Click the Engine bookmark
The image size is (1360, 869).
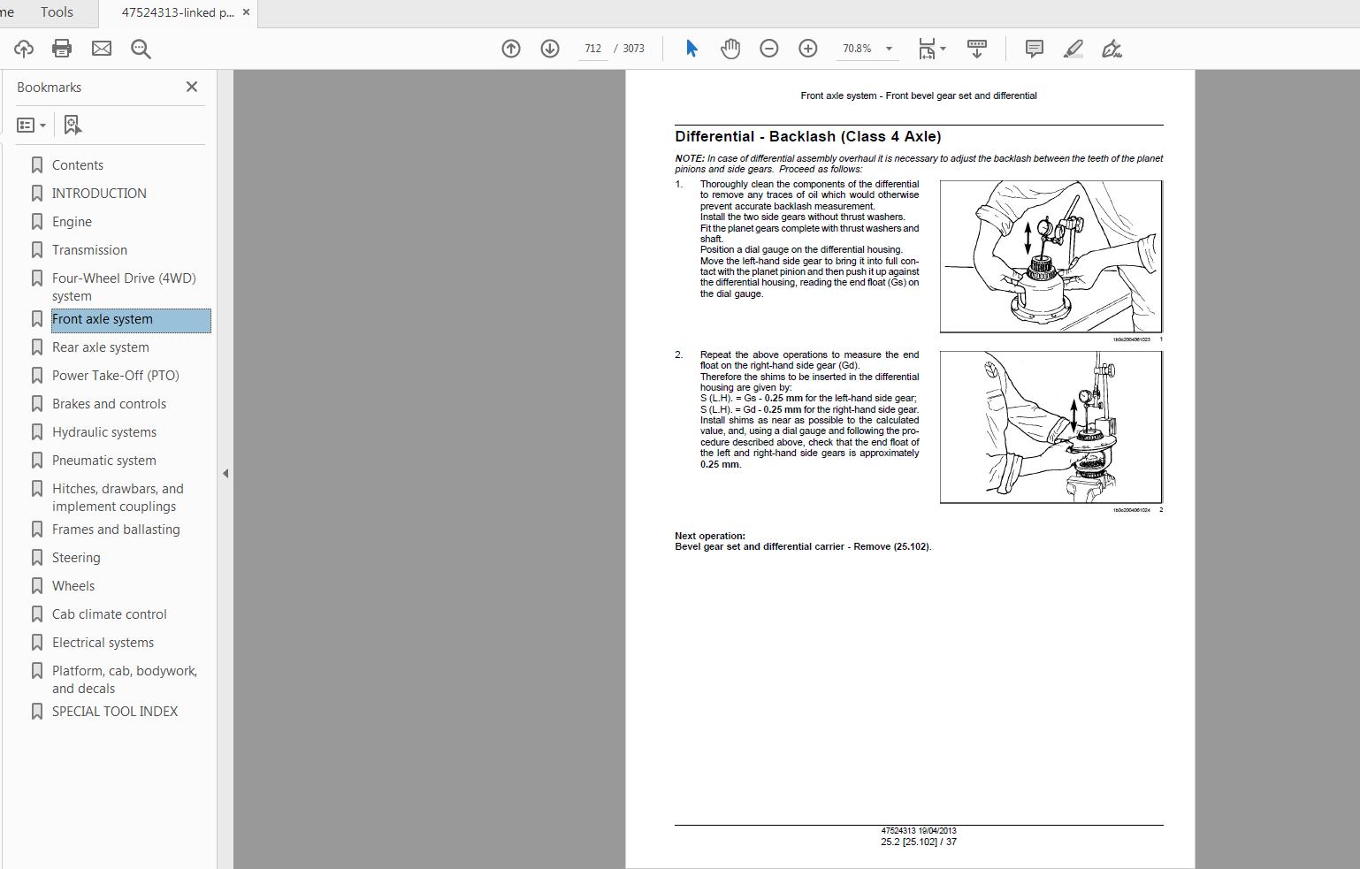pos(72,222)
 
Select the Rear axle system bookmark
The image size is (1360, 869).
pos(100,347)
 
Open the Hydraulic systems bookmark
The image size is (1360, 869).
pos(103,432)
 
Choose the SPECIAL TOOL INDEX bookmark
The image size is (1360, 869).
pos(114,712)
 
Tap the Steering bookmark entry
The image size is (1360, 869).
pos(76,558)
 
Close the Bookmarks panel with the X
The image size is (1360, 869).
pos(192,87)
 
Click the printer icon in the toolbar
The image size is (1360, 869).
pos(62,49)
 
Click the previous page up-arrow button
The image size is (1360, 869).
pos(511,49)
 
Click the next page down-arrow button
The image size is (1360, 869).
pos(550,49)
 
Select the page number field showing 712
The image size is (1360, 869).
pos(592,49)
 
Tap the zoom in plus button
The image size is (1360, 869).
pos(808,49)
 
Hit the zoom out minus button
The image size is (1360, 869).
pos(769,49)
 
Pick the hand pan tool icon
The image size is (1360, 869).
pos(730,49)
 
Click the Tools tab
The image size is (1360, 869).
pos(57,12)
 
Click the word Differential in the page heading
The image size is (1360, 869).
pos(714,137)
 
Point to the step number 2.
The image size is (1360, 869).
pos(679,354)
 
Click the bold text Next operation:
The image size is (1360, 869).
pos(710,536)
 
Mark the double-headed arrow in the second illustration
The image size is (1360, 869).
pos(1073,413)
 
